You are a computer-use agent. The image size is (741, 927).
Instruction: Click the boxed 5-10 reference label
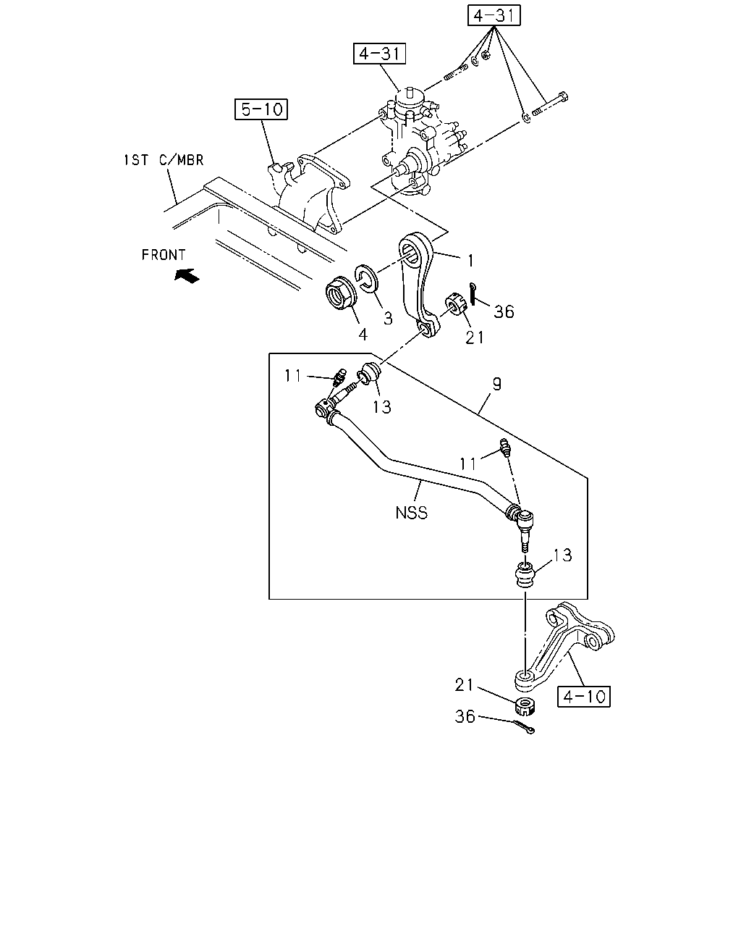(261, 109)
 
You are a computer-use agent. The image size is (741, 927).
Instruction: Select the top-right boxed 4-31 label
(494, 15)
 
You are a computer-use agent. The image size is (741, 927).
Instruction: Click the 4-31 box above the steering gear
(379, 54)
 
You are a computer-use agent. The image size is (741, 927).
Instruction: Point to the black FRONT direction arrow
(187, 275)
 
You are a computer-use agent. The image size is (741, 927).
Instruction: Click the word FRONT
(164, 255)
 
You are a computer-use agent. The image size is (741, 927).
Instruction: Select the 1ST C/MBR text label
(164, 160)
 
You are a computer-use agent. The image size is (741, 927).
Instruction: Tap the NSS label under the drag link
(412, 513)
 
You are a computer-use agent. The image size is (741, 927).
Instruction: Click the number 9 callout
(497, 384)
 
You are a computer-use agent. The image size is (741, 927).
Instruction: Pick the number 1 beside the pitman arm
(470, 261)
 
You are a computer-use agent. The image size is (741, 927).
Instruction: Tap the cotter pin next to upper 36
(473, 294)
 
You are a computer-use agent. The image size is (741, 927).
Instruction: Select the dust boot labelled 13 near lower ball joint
(525, 574)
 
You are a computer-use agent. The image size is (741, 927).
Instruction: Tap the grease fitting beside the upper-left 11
(339, 377)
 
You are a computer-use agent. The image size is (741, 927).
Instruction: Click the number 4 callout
(363, 335)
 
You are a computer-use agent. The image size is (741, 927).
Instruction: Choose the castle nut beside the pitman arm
(456, 303)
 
